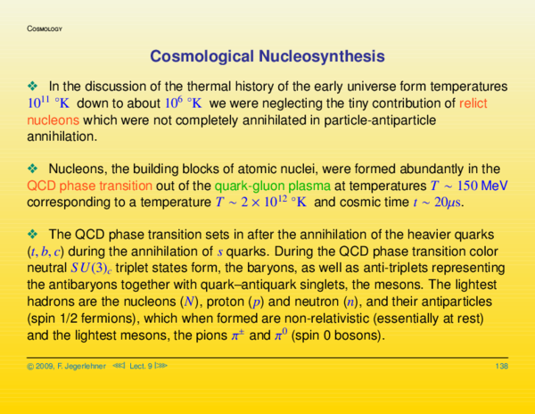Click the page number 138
pyautogui.click(x=501, y=367)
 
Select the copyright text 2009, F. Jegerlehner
pyautogui.click(x=71, y=367)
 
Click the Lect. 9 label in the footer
pyautogui.click(x=140, y=367)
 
